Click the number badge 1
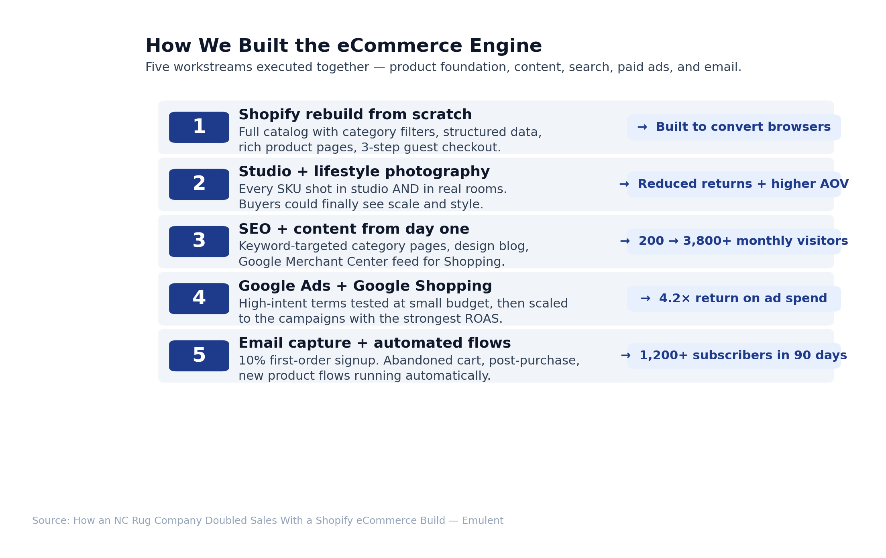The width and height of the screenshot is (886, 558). [x=199, y=127]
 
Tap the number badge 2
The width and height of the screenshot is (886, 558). [x=199, y=184]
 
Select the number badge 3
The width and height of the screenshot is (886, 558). [x=199, y=242]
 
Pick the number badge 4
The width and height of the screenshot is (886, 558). [x=199, y=299]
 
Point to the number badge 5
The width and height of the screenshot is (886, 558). [x=199, y=356]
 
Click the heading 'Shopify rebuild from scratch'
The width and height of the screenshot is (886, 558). [x=355, y=115]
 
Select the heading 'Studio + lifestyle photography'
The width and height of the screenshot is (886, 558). [x=364, y=172]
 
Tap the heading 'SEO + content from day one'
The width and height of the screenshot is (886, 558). [x=354, y=229]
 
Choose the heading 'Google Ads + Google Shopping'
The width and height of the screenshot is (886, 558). [x=365, y=286]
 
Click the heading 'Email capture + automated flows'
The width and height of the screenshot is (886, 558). [x=375, y=343]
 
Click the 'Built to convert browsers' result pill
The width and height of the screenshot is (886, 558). [x=734, y=127]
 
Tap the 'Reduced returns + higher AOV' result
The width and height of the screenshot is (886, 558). [x=734, y=184]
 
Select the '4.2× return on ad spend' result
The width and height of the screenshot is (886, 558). [x=734, y=299]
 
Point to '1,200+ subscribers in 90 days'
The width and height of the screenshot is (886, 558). [x=734, y=356]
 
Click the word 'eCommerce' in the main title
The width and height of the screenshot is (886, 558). [x=399, y=46]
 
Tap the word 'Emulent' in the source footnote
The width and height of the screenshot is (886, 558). [x=483, y=521]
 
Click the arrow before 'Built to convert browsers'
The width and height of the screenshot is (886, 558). [x=642, y=127]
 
